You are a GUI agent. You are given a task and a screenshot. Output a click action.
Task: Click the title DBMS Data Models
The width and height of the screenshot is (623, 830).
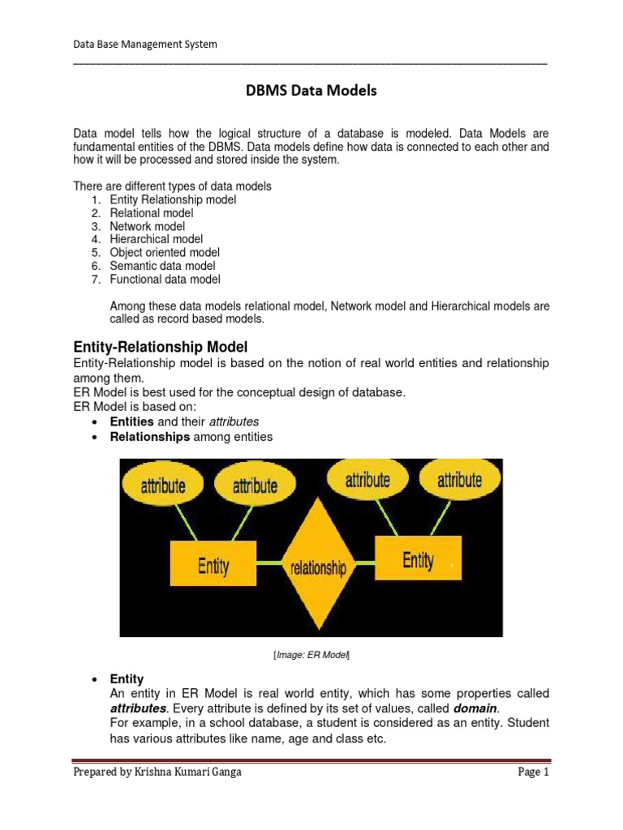point(311,92)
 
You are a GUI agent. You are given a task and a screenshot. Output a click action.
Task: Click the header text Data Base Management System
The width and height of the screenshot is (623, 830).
point(145,45)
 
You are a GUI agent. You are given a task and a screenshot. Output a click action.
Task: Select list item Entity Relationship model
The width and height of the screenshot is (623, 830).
point(173,199)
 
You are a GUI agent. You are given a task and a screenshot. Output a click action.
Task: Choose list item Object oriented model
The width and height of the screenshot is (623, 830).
point(165,252)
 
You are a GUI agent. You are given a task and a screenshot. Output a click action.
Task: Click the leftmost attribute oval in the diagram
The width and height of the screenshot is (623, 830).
point(163,486)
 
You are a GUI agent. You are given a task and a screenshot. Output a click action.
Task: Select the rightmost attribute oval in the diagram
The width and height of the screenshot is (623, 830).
point(459,480)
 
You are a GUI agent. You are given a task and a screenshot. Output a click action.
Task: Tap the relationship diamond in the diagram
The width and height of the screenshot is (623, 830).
point(318,566)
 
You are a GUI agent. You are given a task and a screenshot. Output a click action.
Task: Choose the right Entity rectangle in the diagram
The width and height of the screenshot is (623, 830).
point(418,559)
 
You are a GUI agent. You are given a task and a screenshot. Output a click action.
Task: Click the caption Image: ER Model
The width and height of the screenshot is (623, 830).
point(311,655)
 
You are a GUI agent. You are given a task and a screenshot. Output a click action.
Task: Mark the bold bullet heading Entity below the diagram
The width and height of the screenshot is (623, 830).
point(127,679)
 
